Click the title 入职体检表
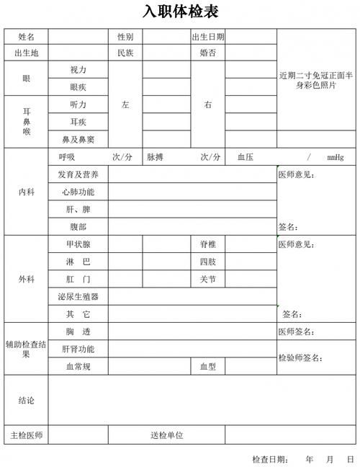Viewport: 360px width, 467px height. pos(180,12)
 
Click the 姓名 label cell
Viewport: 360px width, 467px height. pos(26,37)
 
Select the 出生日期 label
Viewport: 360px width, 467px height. pos(207,37)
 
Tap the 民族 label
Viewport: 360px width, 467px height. pos(125,53)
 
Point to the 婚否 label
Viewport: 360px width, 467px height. pos(207,53)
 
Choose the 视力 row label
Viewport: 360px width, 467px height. pos(78,70)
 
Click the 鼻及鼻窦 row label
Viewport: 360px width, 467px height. pos(78,139)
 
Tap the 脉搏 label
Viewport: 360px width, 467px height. pos(157,157)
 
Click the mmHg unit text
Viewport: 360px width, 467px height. pos(335,157)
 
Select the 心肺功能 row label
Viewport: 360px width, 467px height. pos(78,192)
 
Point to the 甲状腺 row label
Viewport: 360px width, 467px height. pos(78,244)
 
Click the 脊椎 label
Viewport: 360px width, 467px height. pos(207,244)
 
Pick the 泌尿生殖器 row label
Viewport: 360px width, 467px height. pos(78,296)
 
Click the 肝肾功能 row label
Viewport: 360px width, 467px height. pos(78,349)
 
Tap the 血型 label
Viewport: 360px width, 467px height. pos(207,367)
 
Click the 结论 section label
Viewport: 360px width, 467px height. pos(26,400)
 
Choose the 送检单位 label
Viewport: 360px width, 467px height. pos(166,435)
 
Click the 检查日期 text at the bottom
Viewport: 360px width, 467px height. pos(270,459)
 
